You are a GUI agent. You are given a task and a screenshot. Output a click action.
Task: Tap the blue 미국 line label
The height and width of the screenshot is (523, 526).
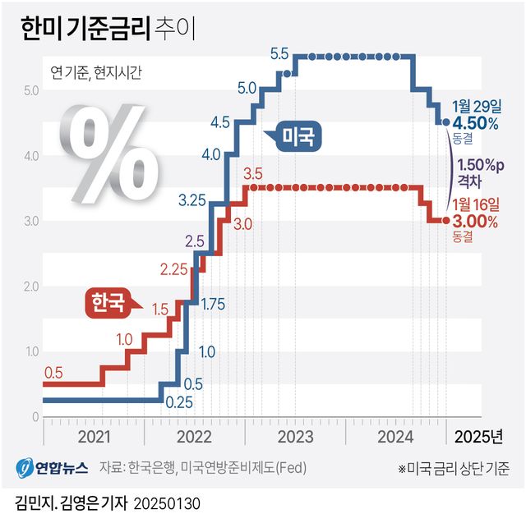[x=298, y=136]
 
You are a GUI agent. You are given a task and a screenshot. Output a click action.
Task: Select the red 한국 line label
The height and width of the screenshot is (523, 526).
[x=107, y=304]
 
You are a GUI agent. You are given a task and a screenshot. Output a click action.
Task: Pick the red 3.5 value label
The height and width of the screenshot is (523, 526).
[x=253, y=173]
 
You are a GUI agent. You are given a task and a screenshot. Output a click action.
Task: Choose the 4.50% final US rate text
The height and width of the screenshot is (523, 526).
[x=476, y=123]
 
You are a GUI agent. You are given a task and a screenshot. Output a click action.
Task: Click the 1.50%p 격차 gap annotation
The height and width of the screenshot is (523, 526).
[x=481, y=170]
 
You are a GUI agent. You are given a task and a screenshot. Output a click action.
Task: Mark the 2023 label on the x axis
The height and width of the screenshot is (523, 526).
[x=295, y=434]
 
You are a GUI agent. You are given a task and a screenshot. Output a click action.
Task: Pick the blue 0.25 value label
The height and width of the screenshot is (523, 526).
[x=178, y=402]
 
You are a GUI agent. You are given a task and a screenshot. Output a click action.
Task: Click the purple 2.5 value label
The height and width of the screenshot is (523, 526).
[x=195, y=241]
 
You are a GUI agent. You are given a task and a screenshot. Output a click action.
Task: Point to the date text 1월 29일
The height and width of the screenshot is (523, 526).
[x=475, y=107]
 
